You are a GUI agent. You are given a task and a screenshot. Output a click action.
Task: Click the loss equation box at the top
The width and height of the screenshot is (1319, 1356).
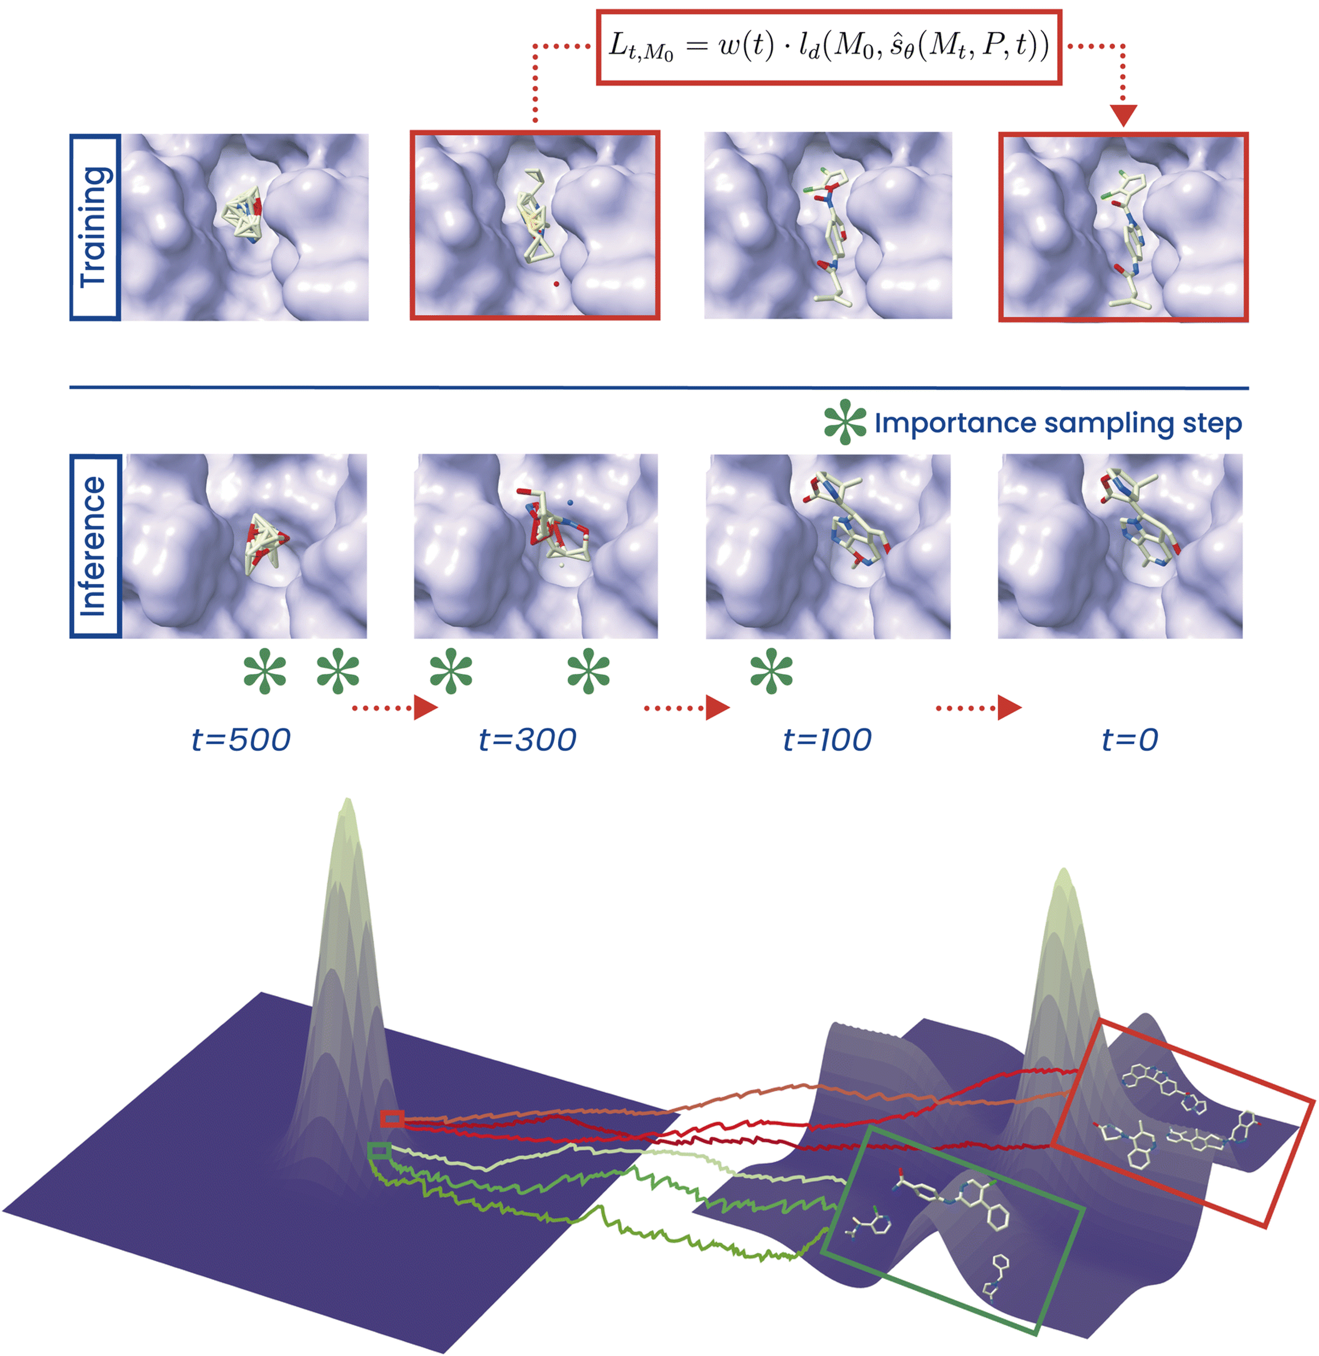pos(829,47)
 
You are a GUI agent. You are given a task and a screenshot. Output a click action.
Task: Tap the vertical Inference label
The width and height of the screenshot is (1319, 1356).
pos(95,546)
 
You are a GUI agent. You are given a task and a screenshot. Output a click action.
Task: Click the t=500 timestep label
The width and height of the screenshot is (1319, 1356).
pos(241,740)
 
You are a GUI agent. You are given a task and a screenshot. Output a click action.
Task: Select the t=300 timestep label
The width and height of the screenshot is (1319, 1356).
pos(527,740)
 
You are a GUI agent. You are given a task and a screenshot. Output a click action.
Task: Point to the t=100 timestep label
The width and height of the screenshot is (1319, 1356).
pos(827,740)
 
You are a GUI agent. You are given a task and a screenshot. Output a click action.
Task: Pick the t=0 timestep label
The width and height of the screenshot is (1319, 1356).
pos(1130,740)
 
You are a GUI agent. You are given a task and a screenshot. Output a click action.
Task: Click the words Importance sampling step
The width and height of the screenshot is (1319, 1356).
pos(1058,423)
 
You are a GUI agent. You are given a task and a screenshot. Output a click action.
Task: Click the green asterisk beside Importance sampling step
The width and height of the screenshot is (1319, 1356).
pos(844,422)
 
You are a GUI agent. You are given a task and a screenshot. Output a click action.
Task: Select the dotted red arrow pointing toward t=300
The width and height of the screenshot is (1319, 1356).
pos(395,708)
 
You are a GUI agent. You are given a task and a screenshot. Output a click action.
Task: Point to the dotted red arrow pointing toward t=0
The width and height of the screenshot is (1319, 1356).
pos(978,708)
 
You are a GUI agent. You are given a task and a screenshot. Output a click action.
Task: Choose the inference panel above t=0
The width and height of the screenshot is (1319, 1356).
pos(1120,546)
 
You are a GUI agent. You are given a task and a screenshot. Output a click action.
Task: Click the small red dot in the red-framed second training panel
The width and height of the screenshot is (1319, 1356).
pos(556,283)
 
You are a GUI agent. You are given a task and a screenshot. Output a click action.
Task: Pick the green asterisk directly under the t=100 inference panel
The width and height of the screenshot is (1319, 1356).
pos(771,671)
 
